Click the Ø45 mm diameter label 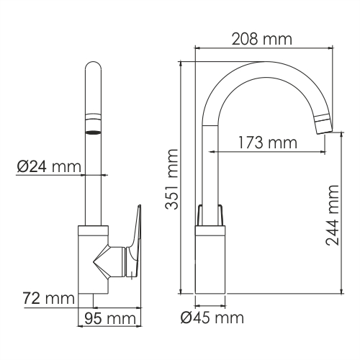pyautogui.click(x=211, y=317)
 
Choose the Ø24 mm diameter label pyautogui.click(x=48, y=167)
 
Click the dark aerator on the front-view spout pyautogui.click(x=94, y=132)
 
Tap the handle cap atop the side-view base pyautogui.click(x=210, y=216)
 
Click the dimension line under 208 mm pyautogui.click(x=266, y=48)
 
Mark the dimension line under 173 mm pyautogui.click(x=267, y=153)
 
